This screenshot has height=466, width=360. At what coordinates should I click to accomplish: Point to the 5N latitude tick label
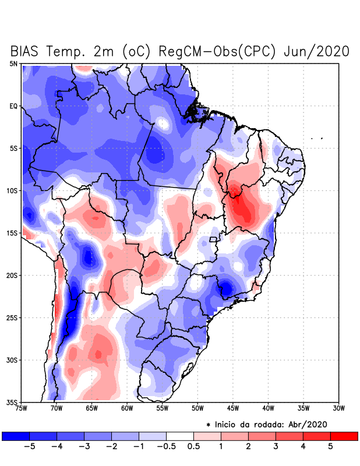tap(13, 63)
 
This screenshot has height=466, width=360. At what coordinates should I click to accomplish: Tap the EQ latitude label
tap(13, 106)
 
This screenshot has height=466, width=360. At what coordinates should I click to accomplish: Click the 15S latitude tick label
tap(12, 233)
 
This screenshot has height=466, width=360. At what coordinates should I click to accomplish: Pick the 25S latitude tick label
tap(12, 317)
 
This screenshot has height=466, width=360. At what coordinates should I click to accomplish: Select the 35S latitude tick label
tap(12, 402)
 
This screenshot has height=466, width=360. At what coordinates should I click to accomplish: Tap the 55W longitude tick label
tap(163, 408)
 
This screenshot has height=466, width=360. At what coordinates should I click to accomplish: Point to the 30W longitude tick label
tap(339, 408)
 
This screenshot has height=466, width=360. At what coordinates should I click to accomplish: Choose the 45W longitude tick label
tap(233, 408)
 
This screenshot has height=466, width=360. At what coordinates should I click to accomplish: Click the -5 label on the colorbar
tap(27, 446)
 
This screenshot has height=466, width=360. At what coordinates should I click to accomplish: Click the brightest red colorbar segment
tap(344, 436)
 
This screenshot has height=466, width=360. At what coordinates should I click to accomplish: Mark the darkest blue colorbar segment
tap(16, 436)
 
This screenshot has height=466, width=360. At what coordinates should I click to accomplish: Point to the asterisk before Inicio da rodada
tap(209, 425)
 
